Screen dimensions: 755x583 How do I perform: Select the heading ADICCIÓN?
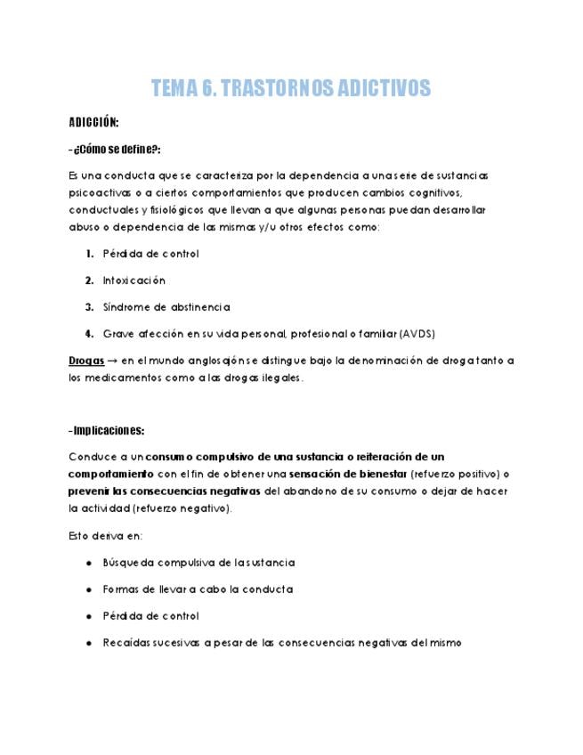93,122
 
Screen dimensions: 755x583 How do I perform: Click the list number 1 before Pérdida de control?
90,254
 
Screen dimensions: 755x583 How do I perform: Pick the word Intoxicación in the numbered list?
134,280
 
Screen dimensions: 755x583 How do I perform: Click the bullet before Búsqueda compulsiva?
90,563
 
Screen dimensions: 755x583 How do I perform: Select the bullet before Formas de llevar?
90,589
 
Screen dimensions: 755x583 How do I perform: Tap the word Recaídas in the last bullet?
126,643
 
